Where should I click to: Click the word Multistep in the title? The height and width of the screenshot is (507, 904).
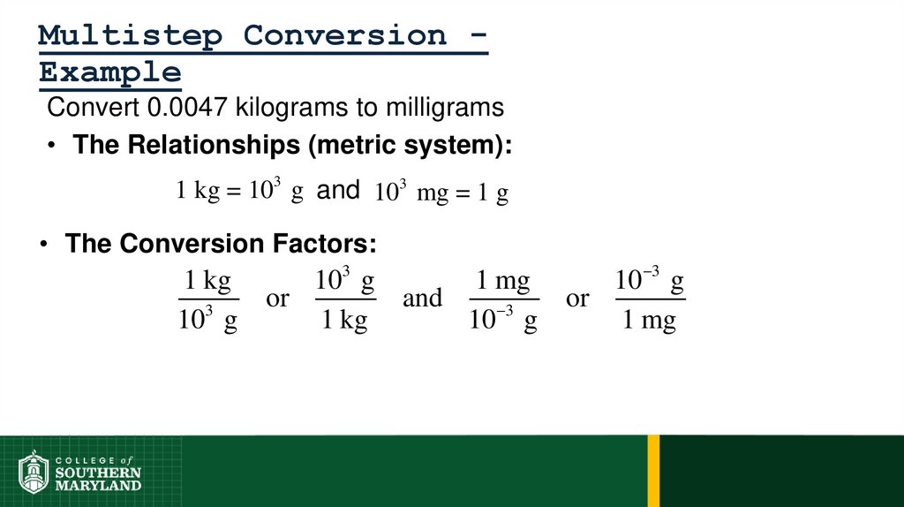[x=131, y=36]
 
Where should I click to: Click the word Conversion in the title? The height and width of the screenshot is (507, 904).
[x=345, y=36]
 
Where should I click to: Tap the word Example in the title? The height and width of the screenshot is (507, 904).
[x=110, y=72]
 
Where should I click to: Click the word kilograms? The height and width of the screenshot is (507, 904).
[x=293, y=108]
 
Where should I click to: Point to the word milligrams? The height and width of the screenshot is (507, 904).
[x=445, y=108]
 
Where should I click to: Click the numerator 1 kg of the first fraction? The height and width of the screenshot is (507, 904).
[x=207, y=282]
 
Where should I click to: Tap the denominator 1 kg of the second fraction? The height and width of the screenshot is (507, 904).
[x=344, y=321]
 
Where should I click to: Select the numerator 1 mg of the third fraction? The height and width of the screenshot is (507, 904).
[x=503, y=282]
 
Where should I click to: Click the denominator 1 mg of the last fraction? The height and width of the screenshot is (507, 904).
[x=649, y=321]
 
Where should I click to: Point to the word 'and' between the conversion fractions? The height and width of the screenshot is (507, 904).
[x=422, y=299]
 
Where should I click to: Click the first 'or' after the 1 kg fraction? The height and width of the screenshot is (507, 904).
[x=277, y=299]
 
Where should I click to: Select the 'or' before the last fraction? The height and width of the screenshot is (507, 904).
[x=577, y=299]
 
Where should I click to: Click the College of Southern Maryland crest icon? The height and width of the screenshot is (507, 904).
[x=34, y=472]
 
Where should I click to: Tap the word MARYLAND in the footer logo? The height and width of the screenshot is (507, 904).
[x=98, y=486]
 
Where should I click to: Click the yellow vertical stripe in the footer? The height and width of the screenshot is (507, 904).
[x=653, y=471]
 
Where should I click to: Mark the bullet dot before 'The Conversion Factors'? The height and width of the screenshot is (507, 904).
[x=42, y=245]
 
